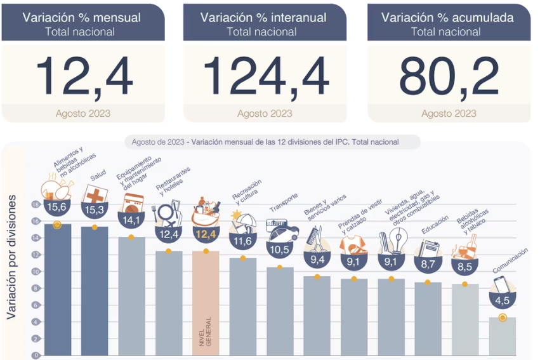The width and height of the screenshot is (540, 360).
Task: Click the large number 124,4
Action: click(265, 77)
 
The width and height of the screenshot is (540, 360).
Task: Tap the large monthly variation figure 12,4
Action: click(84, 77)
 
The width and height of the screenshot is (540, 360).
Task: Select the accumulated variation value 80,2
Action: click(449, 77)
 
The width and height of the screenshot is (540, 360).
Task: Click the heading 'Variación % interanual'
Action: click(265, 18)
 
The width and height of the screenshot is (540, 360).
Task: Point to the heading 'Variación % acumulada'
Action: click(449, 18)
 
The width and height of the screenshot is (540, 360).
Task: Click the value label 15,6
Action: click(57, 207)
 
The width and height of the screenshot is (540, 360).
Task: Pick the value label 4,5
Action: click(503, 300)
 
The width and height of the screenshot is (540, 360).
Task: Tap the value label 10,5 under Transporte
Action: click(280, 249)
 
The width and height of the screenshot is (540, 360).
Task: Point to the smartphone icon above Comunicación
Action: click(501, 283)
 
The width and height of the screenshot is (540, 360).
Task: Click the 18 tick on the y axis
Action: click(36, 204)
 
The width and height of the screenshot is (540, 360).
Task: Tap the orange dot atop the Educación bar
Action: click(428, 283)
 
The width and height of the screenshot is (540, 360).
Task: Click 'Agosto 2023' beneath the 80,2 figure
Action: click(449, 113)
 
